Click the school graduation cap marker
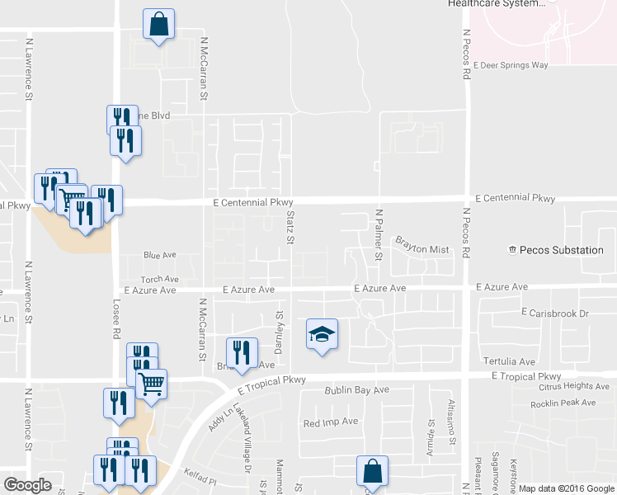coord(323,334)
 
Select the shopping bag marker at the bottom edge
coord(371,472)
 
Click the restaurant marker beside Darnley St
coord(242,352)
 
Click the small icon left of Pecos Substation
coord(512,250)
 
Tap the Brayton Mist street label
coord(422,243)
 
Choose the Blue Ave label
coord(160,256)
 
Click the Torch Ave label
coord(159,280)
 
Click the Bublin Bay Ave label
coord(356,389)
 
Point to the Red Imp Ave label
coord(331,422)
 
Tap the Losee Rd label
coord(116,318)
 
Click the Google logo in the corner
coord(27,484)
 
